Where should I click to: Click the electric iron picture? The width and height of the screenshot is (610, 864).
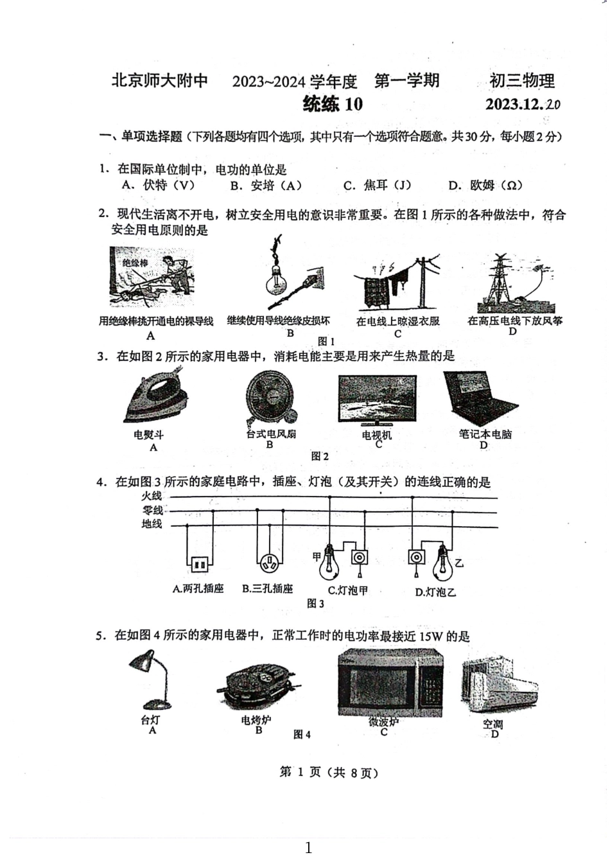(x=156, y=400)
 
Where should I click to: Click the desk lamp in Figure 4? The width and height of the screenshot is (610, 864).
(x=150, y=680)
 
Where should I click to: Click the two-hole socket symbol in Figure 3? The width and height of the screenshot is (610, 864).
(x=199, y=565)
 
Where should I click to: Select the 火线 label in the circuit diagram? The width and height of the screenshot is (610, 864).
(x=152, y=496)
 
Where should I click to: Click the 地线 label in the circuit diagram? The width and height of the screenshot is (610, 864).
(x=152, y=524)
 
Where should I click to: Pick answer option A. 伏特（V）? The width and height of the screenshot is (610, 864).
(x=158, y=186)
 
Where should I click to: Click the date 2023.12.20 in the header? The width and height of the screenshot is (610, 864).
(x=523, y=104)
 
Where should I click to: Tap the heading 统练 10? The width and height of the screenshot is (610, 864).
(x=333, y=104)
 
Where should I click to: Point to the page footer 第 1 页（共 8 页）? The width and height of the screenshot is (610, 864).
(x=329, y=773)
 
